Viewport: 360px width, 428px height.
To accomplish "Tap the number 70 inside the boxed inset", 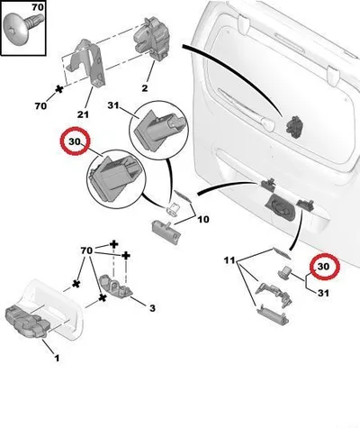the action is [x=38, y=7].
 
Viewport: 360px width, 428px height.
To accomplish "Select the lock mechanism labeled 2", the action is [x=151, y=38].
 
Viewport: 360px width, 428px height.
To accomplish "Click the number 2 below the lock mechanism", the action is [x=145, y=88].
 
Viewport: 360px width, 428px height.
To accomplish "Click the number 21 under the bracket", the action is [x=83, y=114].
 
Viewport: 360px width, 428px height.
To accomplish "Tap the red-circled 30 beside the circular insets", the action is [x=75, y=141].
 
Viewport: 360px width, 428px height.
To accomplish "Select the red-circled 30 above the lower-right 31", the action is [x=323, y=267].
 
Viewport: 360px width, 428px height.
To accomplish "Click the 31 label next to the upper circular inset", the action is [x=113, y=105].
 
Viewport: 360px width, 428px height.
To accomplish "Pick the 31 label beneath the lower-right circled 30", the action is [x=323, y=293].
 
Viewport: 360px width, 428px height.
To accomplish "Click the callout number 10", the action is [x=203, y=220].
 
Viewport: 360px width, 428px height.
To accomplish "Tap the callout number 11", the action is [x=229, y=260].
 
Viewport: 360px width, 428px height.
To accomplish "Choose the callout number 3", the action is [x=152, y=308].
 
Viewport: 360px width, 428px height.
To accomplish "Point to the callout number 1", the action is [x=57, y=359].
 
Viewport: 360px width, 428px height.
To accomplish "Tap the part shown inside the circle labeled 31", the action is [x=158, y=130].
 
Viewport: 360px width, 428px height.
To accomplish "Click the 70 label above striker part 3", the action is [x=86, y=250].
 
